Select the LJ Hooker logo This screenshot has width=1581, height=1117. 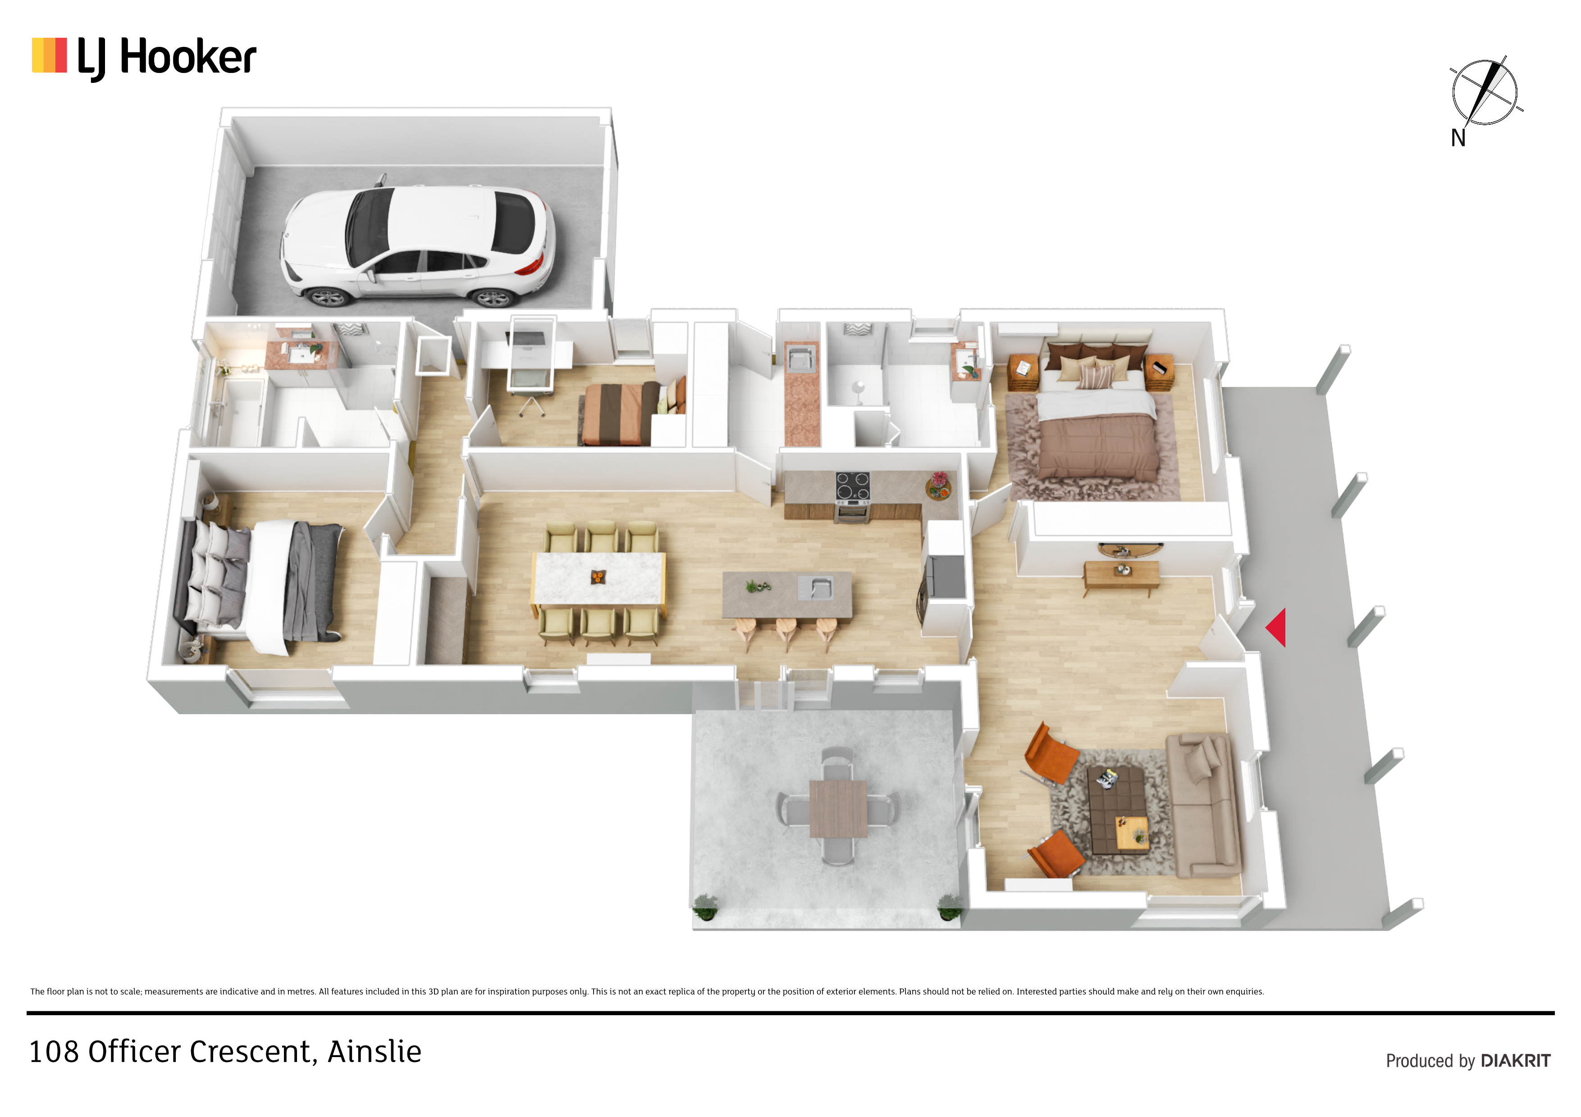click(144, 58)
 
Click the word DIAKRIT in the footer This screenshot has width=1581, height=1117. click(1516, 1061)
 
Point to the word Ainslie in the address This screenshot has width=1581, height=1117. click(374, 1052)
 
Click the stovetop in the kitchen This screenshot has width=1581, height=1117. click(853, 486)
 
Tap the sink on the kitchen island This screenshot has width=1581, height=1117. click(816, 588)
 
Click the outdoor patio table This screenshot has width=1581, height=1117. click(838, 808)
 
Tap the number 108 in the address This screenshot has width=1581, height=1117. click(54, 1052)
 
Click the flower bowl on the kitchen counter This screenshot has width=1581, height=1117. click(938, 486)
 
